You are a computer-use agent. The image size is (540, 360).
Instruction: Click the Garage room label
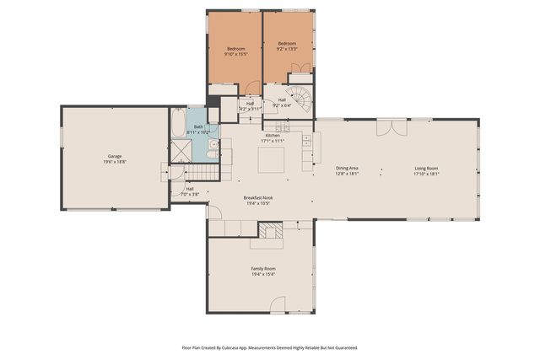tap(114, 156)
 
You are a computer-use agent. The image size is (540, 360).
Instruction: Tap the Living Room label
tap(426, 169)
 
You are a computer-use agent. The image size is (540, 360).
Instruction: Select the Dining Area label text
tap(348, 169)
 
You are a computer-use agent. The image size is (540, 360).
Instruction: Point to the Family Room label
tap(262, 269)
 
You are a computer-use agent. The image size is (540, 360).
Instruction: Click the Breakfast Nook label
tap(258, 198)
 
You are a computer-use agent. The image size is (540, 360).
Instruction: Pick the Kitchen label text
tap(273, 136)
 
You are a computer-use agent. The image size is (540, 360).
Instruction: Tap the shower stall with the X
tap(181, 151)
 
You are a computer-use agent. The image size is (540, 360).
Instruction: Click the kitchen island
tap(272, 158)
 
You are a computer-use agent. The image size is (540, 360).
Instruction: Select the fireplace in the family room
tap(270, 232)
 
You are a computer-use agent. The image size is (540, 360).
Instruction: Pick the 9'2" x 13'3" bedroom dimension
tap(287, 49)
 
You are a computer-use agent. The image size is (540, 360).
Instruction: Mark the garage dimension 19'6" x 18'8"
tap(114, 162)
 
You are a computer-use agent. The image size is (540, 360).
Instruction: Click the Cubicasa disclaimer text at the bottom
tap(270, 347)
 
